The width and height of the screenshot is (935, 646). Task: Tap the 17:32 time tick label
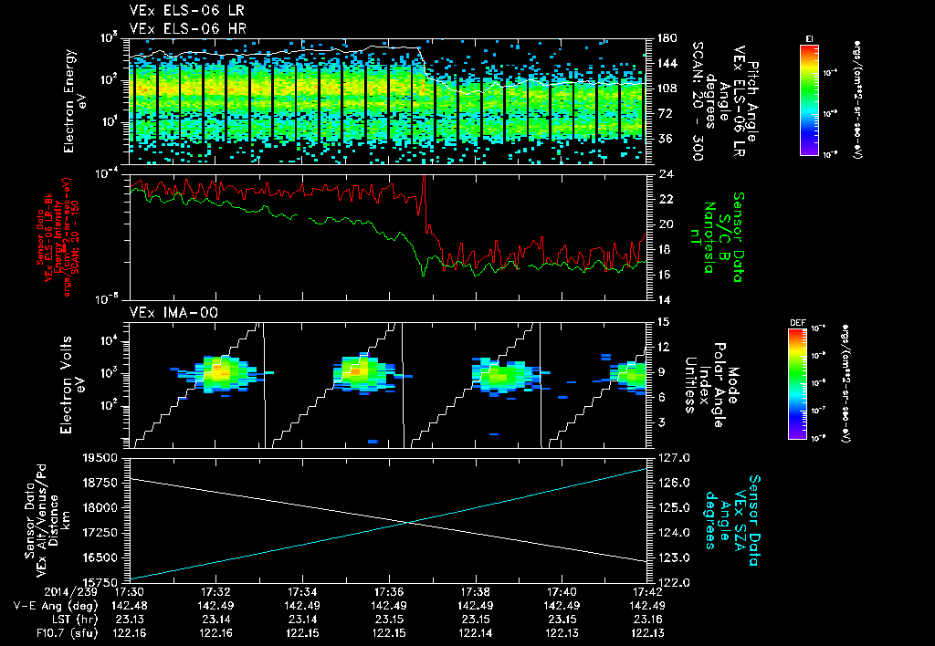[215, 590]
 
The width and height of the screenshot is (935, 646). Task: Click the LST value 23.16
[646, 618]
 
